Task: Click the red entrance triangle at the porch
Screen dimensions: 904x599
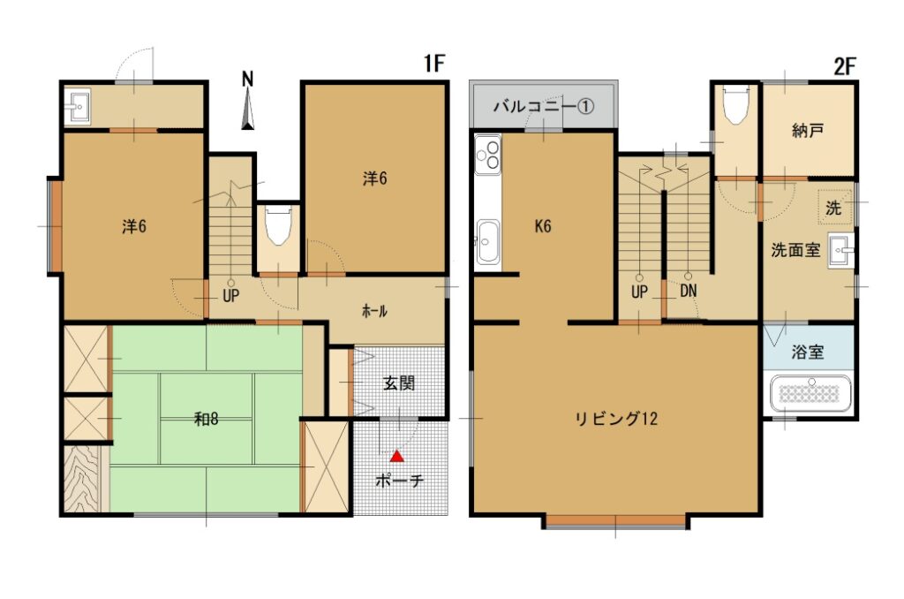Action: point(396,456)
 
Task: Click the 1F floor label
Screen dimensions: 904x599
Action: point(434,64)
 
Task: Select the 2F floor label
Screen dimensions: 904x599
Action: point(845,67)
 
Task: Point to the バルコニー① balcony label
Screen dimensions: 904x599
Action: point(544,107)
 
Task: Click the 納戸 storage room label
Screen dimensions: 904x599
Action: point(808,131)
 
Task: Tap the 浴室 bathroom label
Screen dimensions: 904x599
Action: point(808,352)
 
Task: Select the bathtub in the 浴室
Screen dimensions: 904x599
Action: point(810,393)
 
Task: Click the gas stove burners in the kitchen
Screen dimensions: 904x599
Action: point(487,155)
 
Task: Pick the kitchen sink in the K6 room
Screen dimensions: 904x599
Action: point(487,241)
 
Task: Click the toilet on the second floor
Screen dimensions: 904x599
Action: point(735,104)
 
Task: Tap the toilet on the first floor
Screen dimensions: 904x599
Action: point(278,225)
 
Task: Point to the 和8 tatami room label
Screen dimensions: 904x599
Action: point(206,419)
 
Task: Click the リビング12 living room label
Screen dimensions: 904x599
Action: point(616,419)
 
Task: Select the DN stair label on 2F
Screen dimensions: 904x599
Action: point(689,291)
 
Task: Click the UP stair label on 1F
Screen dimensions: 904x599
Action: point(230,296)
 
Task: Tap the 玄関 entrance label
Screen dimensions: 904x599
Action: point(399,383)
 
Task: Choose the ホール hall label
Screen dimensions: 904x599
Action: point(374,312)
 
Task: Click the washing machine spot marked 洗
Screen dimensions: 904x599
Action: point(833,208)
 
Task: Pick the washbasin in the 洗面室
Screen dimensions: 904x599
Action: point(840,251)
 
